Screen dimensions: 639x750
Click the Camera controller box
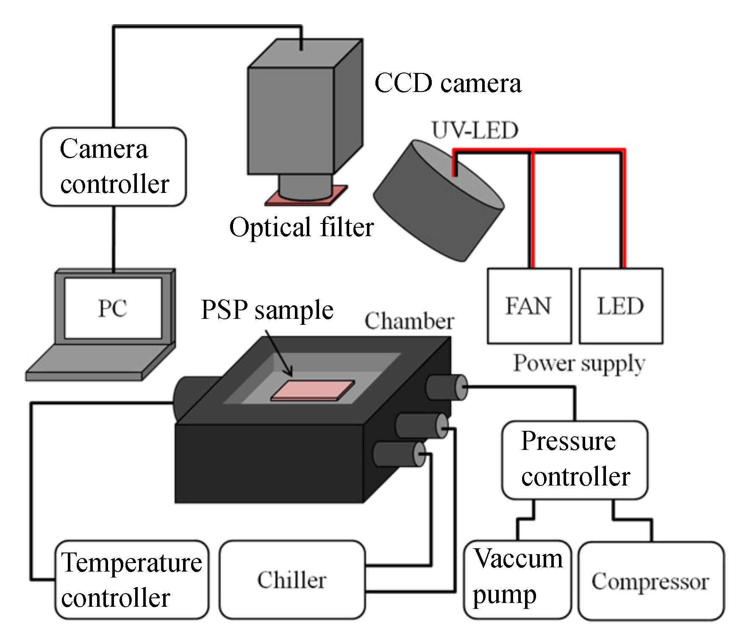(x=114, y=167)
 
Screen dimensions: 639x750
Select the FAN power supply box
(x=529, y=306)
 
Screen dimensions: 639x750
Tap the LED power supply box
(x=621, y=306)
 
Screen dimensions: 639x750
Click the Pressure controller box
(x=575, y=460)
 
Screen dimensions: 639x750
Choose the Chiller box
(x=292, y=580)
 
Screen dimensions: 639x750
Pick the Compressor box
(x=651, y=581)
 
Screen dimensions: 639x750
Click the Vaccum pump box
(x=517, y=580)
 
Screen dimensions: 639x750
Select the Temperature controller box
(x=132, y=580)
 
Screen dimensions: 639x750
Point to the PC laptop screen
(x=113, y=308)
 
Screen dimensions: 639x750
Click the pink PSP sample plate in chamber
(x=312, y=390)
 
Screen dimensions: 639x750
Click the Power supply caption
(x=579, y=363)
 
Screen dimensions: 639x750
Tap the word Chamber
(x=409, y=321)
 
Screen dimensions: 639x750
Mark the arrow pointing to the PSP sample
(x=280, y=354)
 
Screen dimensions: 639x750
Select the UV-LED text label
(x=475, y=130)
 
